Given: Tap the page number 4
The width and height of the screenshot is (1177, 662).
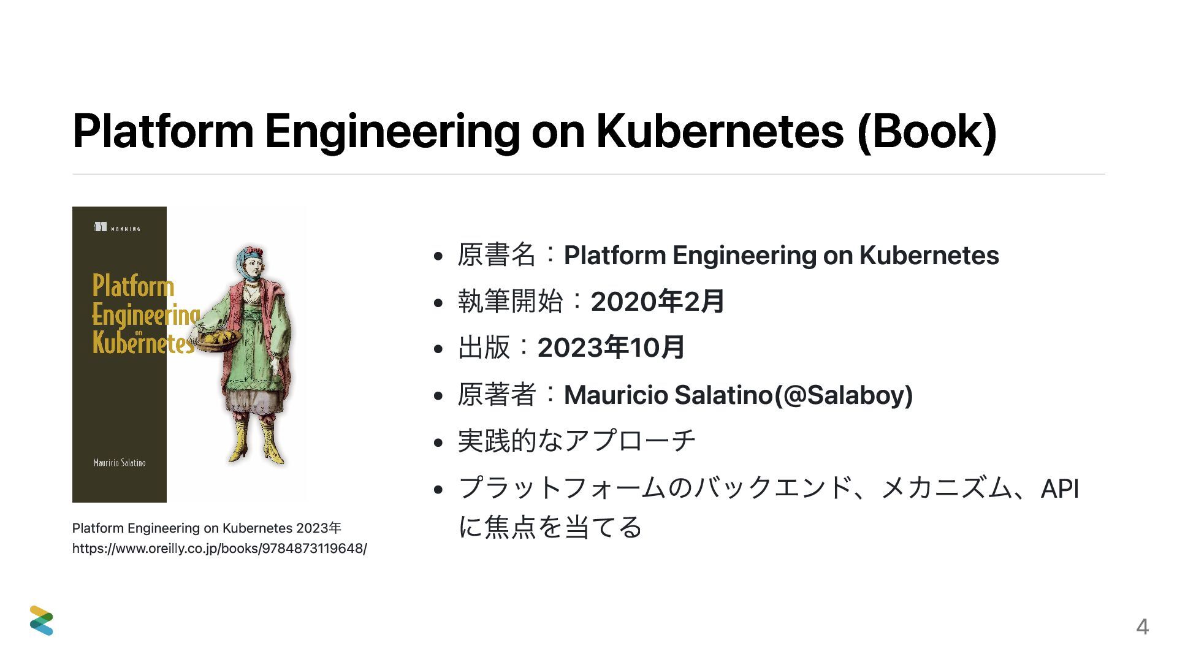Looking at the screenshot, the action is pos(1142,627).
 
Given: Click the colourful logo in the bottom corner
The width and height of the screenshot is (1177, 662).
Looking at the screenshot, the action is pos(42,620).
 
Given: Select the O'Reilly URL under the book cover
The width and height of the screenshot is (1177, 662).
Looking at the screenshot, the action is pos(219,548).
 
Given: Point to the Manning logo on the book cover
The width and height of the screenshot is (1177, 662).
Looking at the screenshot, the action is pos(117,227).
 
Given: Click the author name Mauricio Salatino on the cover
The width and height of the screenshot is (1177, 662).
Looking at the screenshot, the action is pos(120,463).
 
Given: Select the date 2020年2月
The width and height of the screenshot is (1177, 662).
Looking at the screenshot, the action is pos(658,302).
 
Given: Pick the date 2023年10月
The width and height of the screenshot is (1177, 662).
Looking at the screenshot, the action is pos(611,348).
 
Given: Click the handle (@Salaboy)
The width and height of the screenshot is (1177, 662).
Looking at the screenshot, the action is pos(844,395).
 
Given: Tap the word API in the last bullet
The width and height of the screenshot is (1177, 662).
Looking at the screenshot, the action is pos(1060,489).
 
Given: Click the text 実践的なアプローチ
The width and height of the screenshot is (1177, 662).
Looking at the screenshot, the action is pos(577,441).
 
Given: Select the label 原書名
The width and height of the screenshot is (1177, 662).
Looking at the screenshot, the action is pos(497,255).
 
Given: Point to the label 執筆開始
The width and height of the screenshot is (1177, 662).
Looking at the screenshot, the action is pos(510,302).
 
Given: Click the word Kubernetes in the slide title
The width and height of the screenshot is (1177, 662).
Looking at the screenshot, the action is pos(720,131).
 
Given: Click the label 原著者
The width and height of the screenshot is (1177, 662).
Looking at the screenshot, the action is pos(497,394).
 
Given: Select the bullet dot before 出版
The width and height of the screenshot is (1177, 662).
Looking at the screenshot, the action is pos(438,349).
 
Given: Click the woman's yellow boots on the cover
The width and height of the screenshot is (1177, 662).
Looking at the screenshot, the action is pos(256,440).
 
